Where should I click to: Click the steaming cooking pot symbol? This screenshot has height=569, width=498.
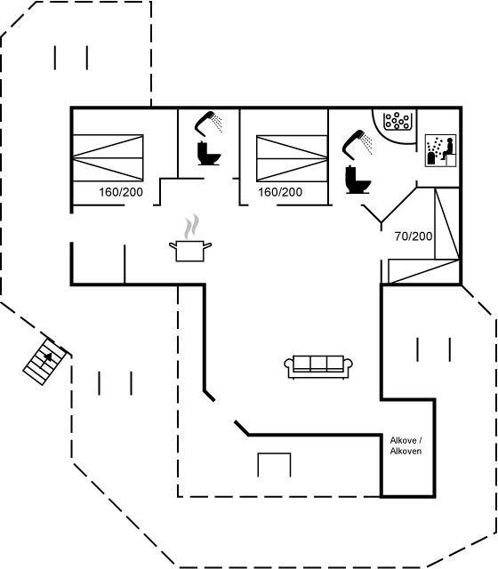(x=190, y=251)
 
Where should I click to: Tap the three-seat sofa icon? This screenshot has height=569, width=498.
(x=318, y=367)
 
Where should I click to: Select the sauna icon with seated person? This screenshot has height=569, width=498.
(x=441, y=150)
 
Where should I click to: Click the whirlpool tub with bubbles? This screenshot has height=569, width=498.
(x=398, y=121)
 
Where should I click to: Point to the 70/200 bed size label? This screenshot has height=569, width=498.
(x=414, y=236)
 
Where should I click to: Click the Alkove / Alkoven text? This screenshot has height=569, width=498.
(x=406, y=445)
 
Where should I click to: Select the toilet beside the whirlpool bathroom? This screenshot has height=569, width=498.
(x=357, y=180)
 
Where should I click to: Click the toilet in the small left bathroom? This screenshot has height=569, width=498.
(x=209, y=154)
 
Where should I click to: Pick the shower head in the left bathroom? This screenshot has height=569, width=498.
(x=209, y=123)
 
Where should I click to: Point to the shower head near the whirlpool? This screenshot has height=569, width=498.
(x=357, y=143)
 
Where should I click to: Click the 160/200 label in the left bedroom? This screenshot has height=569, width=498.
(x=121, y=192)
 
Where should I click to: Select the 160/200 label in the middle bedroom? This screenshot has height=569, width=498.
(x=280, y=192)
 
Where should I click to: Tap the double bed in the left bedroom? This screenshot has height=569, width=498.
(x=108, y=158)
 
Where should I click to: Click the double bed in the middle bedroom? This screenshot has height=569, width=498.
(x=293, y=158)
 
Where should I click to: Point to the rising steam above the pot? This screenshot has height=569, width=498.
(x=192, y=227)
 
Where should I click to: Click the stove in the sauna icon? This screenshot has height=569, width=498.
(x=430, y=159)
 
